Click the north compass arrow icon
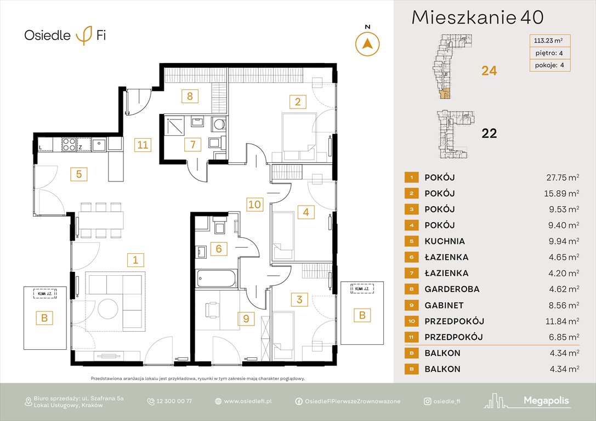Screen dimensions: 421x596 click(367, 43)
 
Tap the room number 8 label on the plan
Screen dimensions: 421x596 click(189, 96)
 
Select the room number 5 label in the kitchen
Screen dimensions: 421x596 click(79, 174)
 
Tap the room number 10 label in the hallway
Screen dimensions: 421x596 click(254, 205)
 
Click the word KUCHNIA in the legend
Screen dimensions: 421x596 click(444, 241)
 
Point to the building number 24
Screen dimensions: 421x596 click(489, 71)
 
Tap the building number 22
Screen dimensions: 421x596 click(489, 133)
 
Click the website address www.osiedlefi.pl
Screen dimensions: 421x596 click(248, 401)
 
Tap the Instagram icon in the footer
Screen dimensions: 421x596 click(427, 401)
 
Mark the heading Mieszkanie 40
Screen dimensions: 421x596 click(477, 18)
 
